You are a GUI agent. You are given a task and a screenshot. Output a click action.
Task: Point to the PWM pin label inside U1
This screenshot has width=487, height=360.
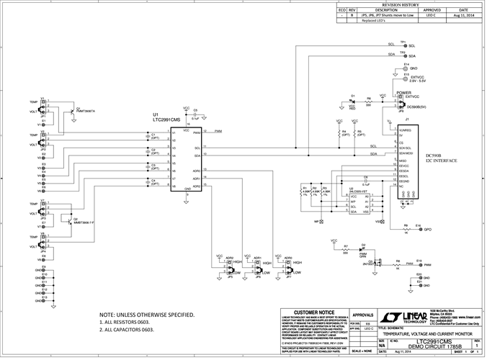click(197, 133)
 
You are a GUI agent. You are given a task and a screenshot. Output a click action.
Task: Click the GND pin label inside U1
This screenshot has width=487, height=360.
click(187, 189)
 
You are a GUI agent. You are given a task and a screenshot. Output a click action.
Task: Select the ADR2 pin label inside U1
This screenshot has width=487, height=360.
click(196, 186)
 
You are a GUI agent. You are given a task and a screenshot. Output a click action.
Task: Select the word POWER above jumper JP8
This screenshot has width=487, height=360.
click(403, 93)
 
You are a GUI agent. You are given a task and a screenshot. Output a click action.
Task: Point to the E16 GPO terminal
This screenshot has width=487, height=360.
click(419, 229)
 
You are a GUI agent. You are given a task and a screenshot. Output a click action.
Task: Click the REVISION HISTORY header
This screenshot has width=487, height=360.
click(410, 4)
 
